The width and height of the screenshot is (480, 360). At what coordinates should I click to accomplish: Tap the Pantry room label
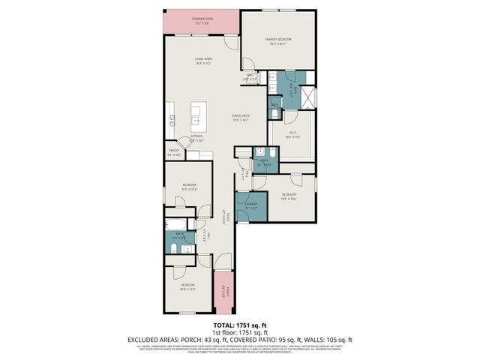point(174,153)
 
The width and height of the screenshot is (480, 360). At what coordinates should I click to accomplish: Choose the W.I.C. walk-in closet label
point(292,136)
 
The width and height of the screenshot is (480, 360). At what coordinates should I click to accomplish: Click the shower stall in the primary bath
point(306,96)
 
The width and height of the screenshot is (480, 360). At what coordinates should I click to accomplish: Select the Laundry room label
point(251,205)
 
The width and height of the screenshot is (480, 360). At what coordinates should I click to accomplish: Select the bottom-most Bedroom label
point(187,286)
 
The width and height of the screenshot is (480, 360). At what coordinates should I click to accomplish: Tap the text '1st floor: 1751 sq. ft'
point(239,331)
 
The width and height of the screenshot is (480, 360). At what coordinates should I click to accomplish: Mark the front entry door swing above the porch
point(223,262)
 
